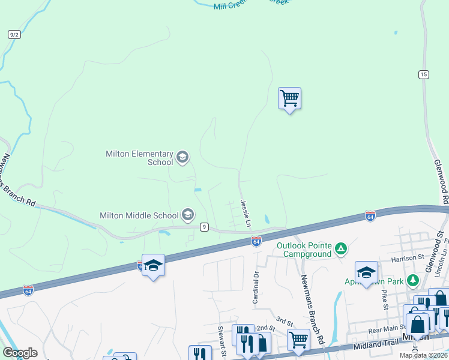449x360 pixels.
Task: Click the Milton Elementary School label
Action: [x=139, y=158]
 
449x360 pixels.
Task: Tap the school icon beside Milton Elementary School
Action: [x=182, y=158]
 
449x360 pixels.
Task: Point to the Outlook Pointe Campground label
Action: [x=304, y=250]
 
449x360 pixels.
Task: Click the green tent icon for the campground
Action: [x=340, y=248]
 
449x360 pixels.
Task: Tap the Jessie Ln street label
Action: [x=245, y=214]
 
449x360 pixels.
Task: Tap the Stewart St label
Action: [x=221, y=340]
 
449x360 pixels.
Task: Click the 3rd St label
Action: [x=283, y=321]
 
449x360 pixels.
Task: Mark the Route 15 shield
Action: [x=424, y=74]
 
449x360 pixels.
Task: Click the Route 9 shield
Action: [x=205, y=226]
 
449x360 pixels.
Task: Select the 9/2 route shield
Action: [x=14, y=34]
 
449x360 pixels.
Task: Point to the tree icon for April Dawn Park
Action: [x=412, y=280]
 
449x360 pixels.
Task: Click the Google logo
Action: [x=20, y=353]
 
